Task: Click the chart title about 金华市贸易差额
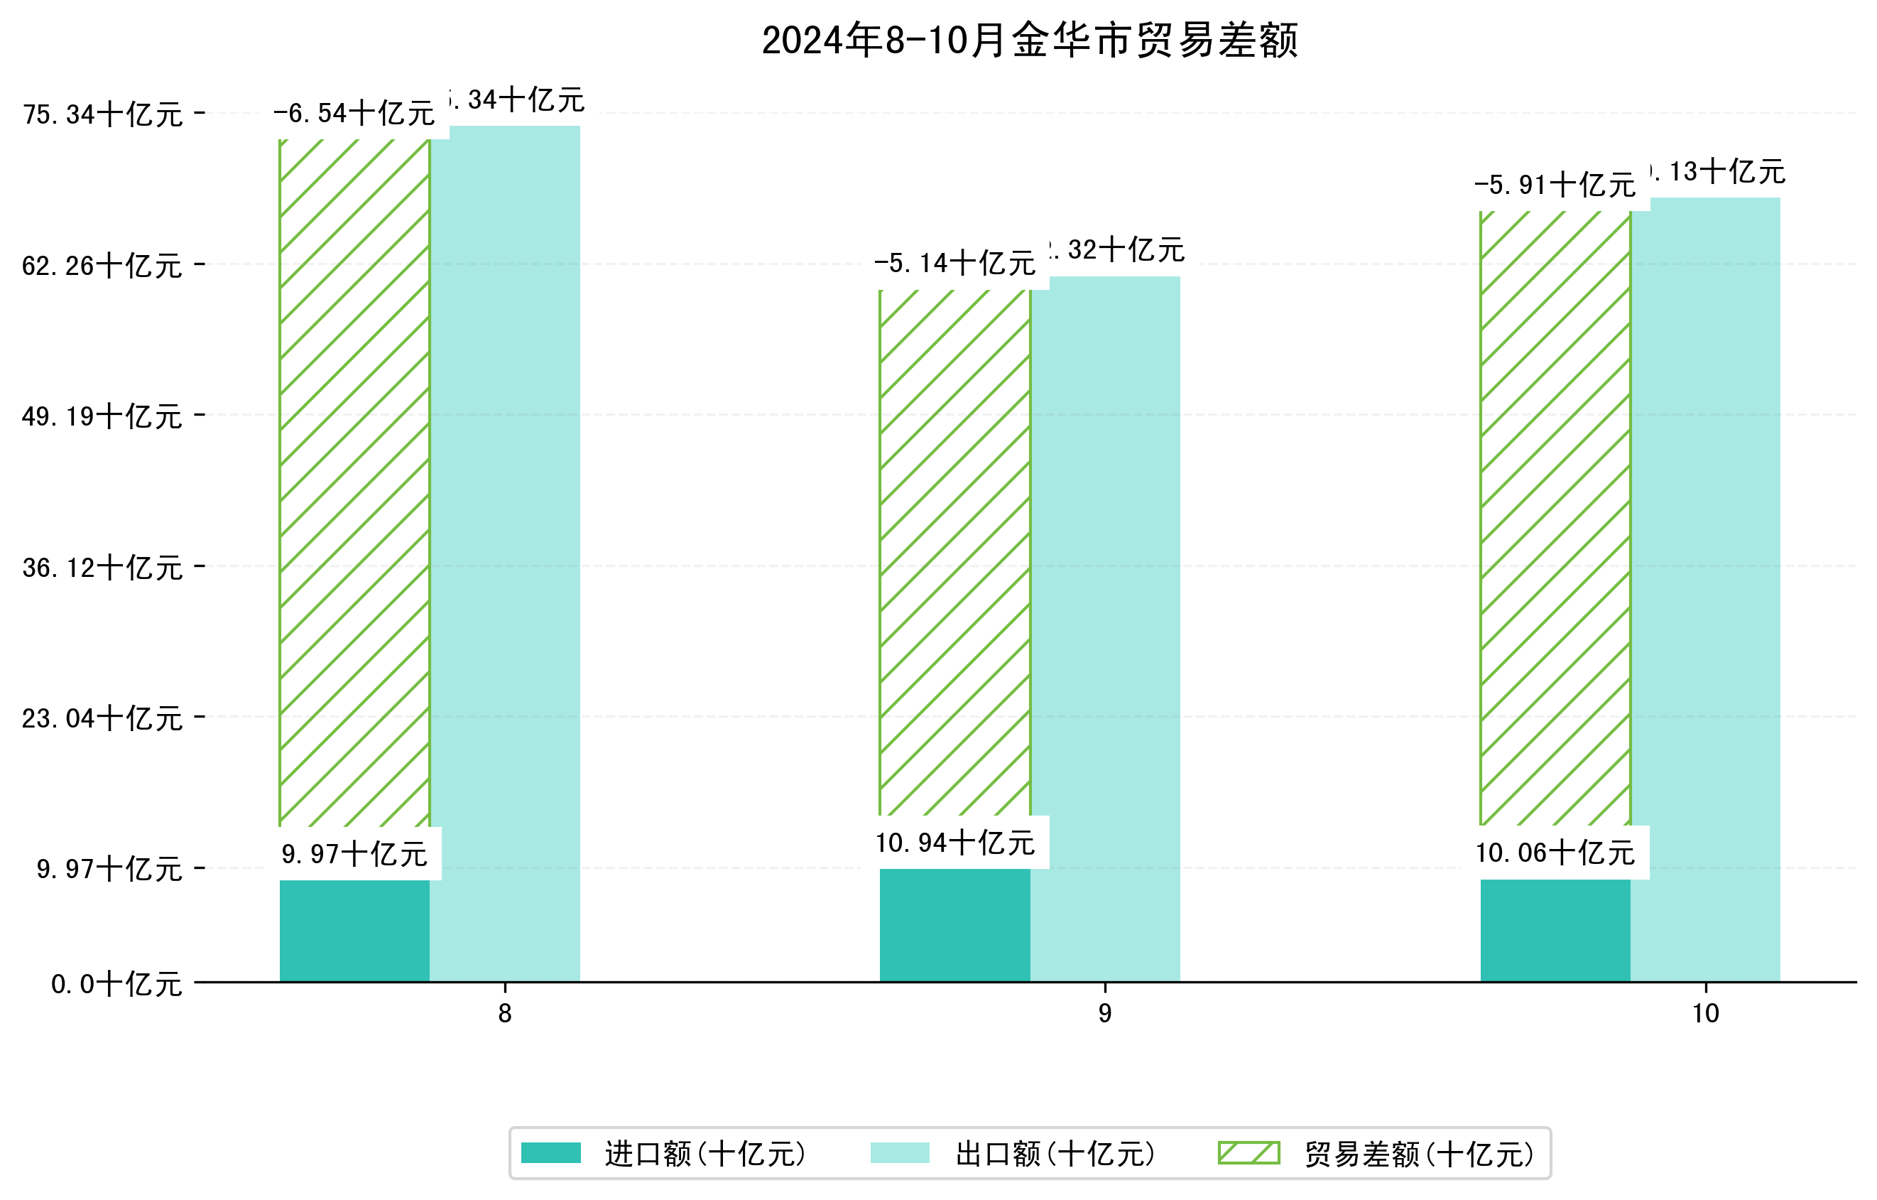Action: (x=1029, y=40)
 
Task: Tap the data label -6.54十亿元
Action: (x=354, y=114)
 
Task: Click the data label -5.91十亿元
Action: (x=1555, y=185)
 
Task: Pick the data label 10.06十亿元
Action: (x=1555, y=853)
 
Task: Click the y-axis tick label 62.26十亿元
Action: (x=102, y=266)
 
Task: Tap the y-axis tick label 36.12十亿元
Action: (x=102, y=568)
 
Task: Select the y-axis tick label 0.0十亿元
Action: (x=116, y=984)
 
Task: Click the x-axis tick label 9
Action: (x=1104, y=1013)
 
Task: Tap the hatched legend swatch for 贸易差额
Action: (x=1248, y=1153)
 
